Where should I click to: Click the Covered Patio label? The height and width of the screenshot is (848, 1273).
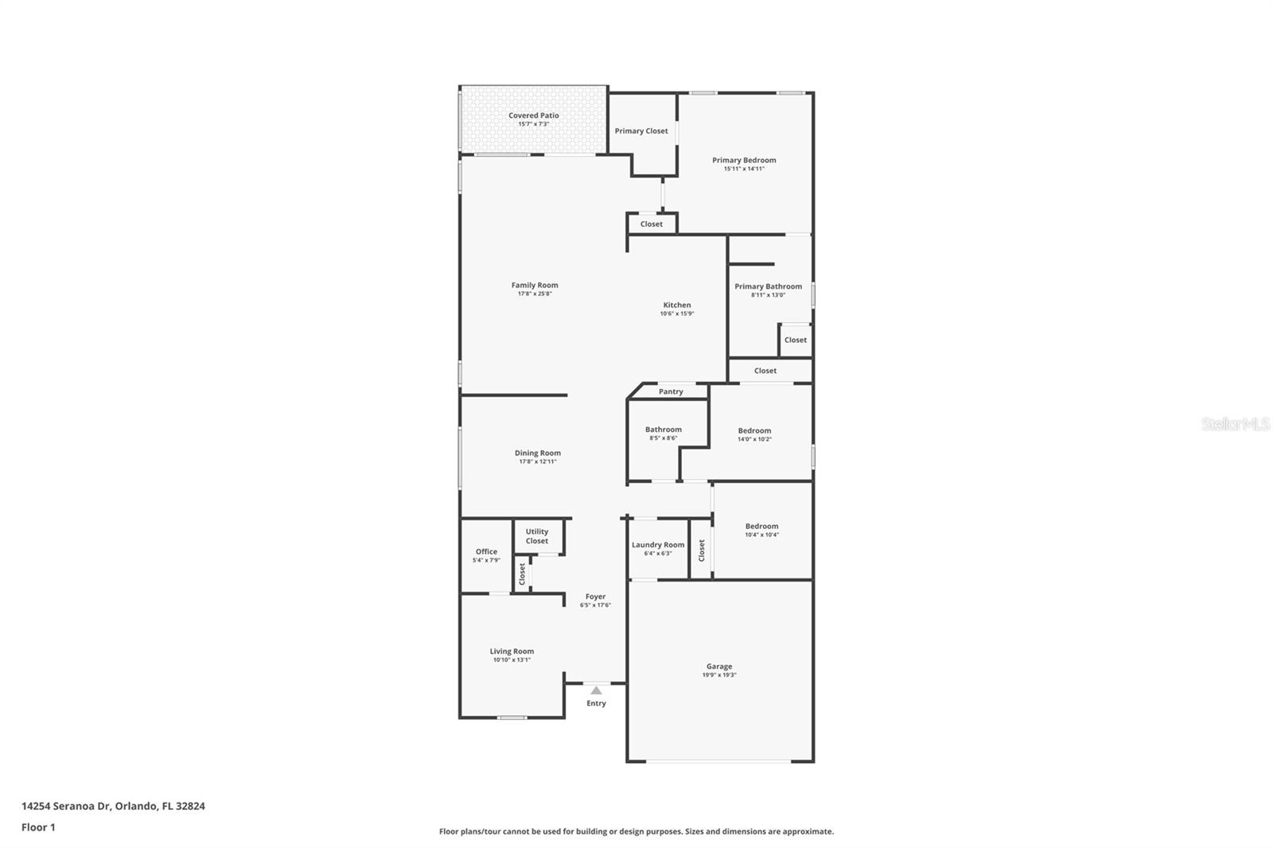(x=533, y=115)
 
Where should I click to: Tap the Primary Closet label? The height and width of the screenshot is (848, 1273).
(x=641, y=131)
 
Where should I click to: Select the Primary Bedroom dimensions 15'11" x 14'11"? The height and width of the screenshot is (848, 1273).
(x=744, y=169)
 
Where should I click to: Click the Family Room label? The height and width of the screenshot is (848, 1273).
(x=535, y=285)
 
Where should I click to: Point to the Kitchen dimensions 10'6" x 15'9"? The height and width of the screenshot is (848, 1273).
(x=677, y=313)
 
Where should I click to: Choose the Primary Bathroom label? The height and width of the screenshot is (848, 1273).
(x=768, y=286)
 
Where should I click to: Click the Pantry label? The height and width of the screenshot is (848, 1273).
(x=671, y=391)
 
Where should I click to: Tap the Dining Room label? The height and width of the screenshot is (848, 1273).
(x=537, y=453)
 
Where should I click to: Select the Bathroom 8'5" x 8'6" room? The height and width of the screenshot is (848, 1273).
(x=663, y=433)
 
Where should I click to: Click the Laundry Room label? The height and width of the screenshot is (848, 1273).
(x=658, y=545)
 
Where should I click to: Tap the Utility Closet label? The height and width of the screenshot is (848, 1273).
(x=537, y=536)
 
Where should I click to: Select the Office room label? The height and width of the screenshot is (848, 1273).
(x=486, y=551)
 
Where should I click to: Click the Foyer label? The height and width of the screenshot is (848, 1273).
(x=595, y=597)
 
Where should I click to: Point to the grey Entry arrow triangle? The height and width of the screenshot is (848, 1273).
(x=596, y=690)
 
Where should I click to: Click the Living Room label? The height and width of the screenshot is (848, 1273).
(x=512, y=651)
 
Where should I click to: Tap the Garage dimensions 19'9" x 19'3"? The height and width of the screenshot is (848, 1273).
(x=719, y=675)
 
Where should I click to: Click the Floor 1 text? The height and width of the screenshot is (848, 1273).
(x=38, y=827)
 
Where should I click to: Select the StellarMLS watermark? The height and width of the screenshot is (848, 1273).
(x=1235, y=425)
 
